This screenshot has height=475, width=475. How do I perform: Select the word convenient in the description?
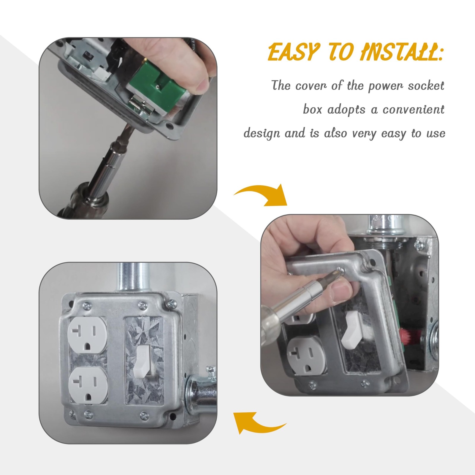click(413, 110)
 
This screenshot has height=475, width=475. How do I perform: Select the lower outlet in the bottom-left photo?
click(87, 380)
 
